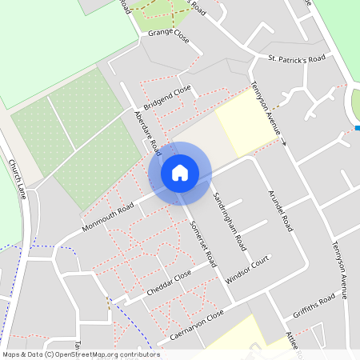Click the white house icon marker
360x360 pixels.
[x=180, y=173]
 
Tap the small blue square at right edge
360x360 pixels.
[x=357, y=128]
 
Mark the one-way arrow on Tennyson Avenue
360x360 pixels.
[x=283, y=143]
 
